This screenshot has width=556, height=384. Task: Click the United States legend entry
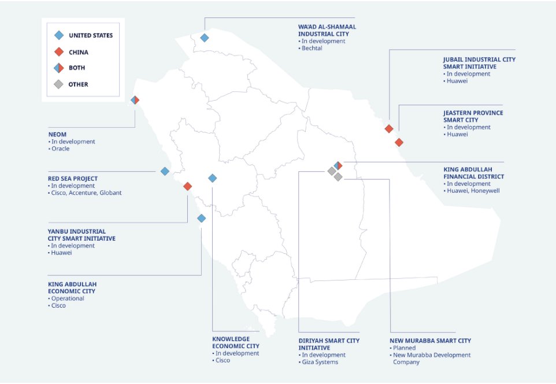(x=90, y=35)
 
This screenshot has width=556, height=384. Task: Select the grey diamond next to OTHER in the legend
(x=58, y=84)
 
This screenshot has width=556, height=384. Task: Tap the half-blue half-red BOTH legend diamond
(x=58, y=68)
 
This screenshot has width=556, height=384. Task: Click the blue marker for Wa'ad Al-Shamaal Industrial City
(x=204, y=38)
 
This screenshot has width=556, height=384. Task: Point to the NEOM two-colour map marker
(x=135, y=100)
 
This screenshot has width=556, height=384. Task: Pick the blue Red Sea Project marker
(x=165, y=171)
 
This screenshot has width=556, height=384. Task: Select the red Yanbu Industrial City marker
(x=187, y=186)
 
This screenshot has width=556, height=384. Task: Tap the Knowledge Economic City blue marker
(x=212, y=178)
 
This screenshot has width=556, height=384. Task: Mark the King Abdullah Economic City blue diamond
(x=201, y=219)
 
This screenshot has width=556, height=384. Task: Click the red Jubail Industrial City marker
(x=389, y=128)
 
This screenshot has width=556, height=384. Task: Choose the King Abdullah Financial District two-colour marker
(x=338, y=166)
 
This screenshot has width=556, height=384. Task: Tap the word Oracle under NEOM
(x=60, y=149)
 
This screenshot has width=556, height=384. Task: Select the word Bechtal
(x=313, y=48)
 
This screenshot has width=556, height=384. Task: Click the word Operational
(x=68, y=298)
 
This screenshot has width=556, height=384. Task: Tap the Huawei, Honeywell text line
(x=472, y=190)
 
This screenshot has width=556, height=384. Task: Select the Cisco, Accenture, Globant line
(x=86, y=193)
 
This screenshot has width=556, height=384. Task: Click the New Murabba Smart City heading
(x=431, y=341)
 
